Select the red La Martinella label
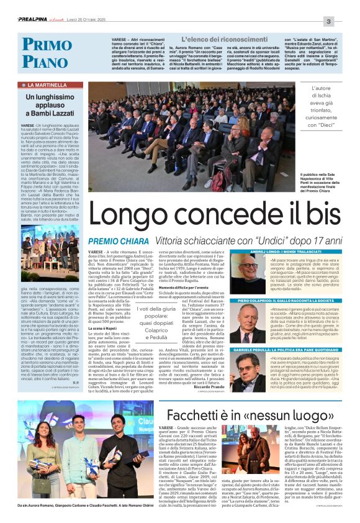point(44,84)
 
